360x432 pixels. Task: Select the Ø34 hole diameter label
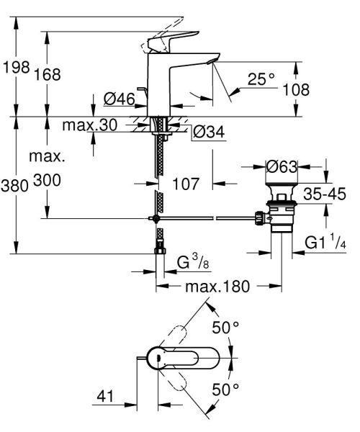208,131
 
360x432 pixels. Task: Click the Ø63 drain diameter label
282,166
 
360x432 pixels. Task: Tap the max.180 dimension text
217,287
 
